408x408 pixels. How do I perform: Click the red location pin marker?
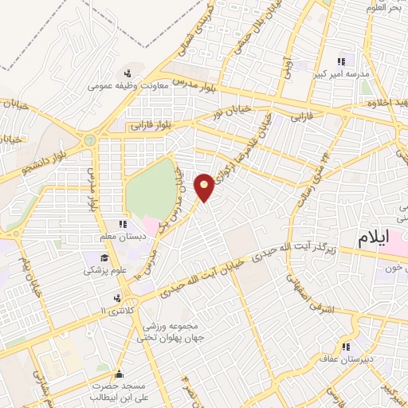[205, 186]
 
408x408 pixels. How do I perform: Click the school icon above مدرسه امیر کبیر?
[342, 61]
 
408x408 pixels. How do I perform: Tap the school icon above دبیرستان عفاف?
[346, 346]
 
